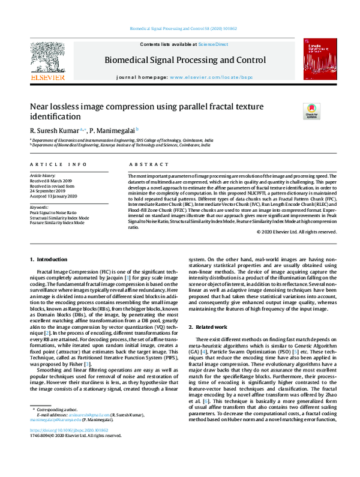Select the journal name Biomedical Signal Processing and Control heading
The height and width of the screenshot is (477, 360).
coord(185,60)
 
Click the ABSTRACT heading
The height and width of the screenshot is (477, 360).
coord(145,164)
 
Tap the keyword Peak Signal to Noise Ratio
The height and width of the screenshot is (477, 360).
coord(53,213)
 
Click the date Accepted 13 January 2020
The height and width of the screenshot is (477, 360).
coord(53,196)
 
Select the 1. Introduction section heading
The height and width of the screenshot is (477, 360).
coord(49,259)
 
